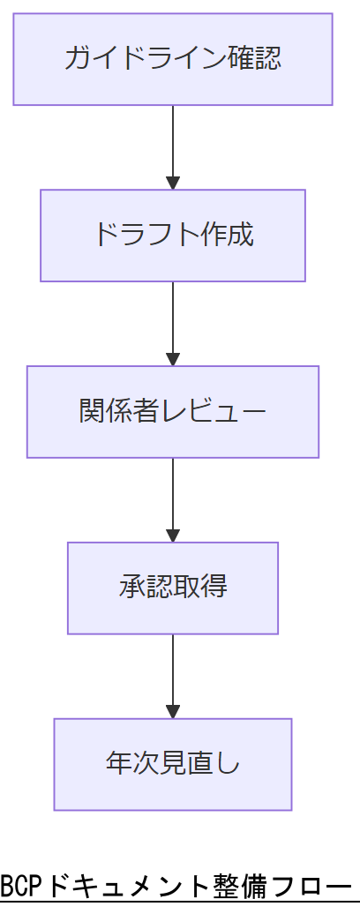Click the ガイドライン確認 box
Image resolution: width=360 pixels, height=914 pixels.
click(173, 59)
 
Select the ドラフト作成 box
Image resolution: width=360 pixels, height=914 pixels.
click(173, 236)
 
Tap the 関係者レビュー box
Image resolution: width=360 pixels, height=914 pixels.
click(173, 412)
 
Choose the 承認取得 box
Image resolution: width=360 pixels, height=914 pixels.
click(173, 588)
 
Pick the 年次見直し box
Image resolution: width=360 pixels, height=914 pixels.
click(173, 764)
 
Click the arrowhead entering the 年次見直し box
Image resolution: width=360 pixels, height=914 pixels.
click(173, 711)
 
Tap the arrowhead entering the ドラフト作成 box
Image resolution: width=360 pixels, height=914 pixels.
click(173, 183)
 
